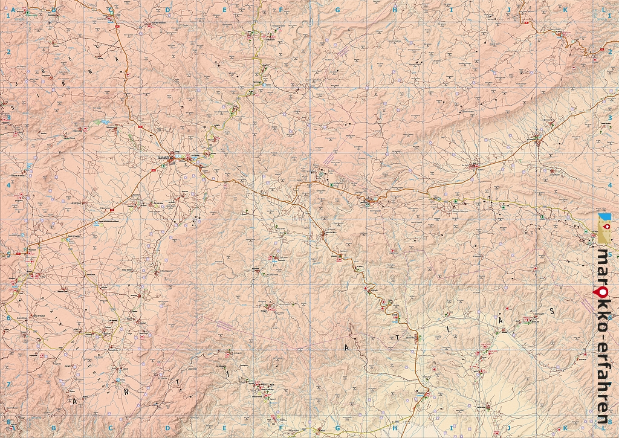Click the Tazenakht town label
point(161,158)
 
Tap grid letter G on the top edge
point(337,10)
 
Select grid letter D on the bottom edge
point(167,428)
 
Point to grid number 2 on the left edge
point(8,52)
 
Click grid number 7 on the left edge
point(8,384)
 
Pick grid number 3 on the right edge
point(611,118)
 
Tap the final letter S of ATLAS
point(551,311)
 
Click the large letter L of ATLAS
point(448,330)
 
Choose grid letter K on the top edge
point(565,10)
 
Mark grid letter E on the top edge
point(224,10)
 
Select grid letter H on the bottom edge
point(394,428)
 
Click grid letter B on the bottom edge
point(53,428)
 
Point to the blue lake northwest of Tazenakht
point(103,121)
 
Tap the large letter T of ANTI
point(178,383)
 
